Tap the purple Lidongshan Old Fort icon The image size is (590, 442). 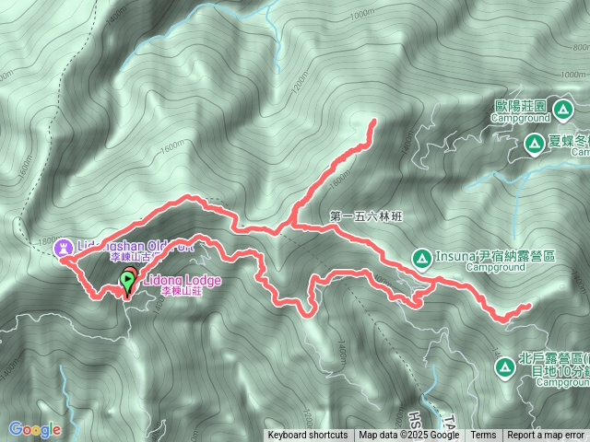pyautogui.click(x=63, y=247)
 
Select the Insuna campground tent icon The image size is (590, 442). pyautogui.click(x=420, y=257)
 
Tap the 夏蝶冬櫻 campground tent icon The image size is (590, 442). pyautogui.click(x=534, y=143)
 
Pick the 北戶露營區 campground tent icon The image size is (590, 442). pyautogui.click(x=504, y=367)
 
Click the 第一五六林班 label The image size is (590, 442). pyautogui.click(x=366, y=216)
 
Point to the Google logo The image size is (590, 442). pyautogui.click(x=35, y=429)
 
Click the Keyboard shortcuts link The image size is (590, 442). pyautogui.click(x=308, y=436)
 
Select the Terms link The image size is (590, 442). pyautogui.click(x=483, y=436)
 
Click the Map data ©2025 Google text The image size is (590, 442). pyautogui.click(x=409, y=436)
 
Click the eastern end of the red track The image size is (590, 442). pyautogui.click(x=530, y=305)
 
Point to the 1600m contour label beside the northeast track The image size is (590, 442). pyautogui.click(x=339, y=176)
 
